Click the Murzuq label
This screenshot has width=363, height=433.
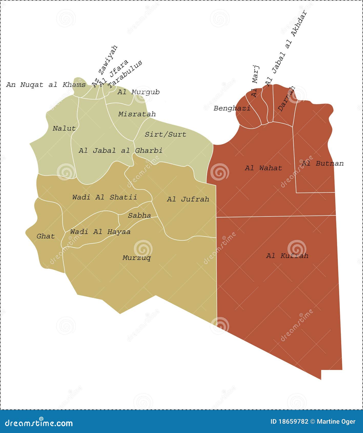pos(137,258)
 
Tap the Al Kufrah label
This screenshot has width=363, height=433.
pos(287,256)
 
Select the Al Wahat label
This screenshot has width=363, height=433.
pos(263,168)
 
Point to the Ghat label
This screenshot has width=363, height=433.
pos(46,236)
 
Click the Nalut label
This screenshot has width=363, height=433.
pos(64,128)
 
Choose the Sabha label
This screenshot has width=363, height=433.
pos(139,215)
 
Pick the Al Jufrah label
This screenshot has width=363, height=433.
pos(188,199)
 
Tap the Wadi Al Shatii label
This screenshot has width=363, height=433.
pos(105,197)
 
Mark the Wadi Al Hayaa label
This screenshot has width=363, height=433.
pos(100,232)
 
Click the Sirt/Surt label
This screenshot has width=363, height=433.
pos(165,134)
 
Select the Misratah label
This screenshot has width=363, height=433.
pos(137,114)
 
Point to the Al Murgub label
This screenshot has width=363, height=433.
pos(138,92)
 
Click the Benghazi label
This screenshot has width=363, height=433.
pos(232,108)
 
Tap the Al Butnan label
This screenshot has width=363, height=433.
pos(323,163)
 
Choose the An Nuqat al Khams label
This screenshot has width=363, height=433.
pos(46,85)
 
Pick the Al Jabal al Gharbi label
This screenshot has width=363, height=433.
pos(120,150)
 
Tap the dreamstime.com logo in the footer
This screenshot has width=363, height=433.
pos(39,423)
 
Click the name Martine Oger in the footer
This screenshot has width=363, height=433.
pos(336,421)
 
